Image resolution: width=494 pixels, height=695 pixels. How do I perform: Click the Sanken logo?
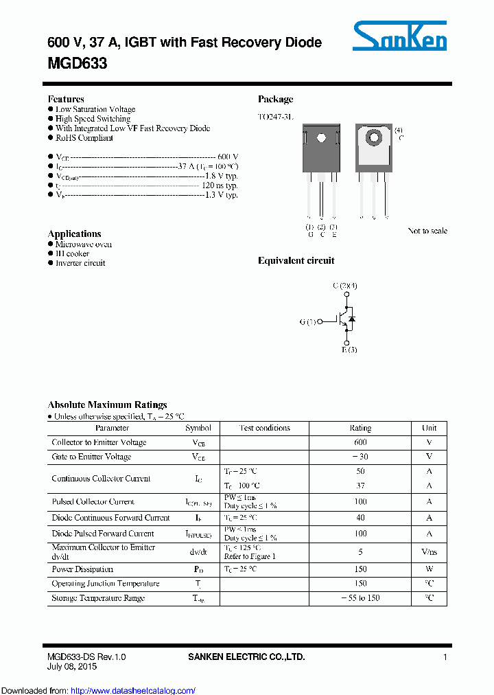pos(400,36)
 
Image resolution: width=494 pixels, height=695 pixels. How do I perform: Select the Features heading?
pos(66,99)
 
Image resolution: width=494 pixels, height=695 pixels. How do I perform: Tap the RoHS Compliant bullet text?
pos(84,138)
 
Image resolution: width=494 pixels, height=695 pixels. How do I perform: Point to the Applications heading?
pos(75,233)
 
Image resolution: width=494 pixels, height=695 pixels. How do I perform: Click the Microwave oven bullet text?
pos(84,244)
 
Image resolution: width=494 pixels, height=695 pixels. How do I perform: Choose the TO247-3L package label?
pos(275,117)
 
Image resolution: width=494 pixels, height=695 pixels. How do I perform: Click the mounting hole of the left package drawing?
pos(321,137)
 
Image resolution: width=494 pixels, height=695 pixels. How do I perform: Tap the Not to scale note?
pos(427,231)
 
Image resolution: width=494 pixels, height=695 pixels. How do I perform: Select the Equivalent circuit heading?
pos(296,260)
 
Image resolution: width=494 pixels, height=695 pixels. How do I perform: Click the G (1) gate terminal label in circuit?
pos(308,321)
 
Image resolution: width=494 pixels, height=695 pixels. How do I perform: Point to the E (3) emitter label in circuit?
pos(349,350)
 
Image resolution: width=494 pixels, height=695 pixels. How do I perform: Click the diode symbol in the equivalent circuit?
pos(352,319)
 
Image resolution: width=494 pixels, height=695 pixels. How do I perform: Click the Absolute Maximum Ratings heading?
pos(107,405)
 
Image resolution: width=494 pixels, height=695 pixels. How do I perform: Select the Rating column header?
pos(360,428)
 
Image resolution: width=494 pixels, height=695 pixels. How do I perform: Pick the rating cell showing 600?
pos(360,442)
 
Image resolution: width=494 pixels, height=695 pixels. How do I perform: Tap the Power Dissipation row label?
pos(82,569)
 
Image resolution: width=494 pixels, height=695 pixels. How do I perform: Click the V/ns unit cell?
pos(429,551)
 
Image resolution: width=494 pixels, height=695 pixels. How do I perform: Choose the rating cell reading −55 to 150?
pos(360,598)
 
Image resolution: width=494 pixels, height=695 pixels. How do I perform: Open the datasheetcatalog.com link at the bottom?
pos(143,690)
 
